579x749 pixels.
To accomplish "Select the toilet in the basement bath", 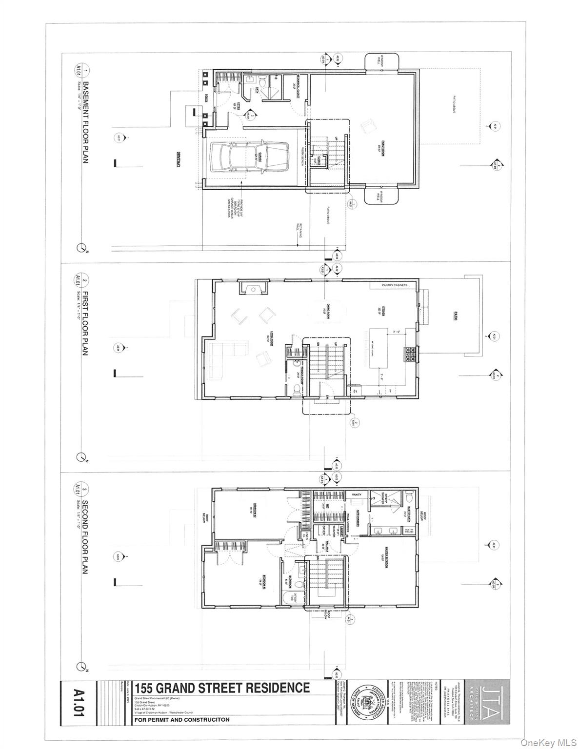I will (261, 83).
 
